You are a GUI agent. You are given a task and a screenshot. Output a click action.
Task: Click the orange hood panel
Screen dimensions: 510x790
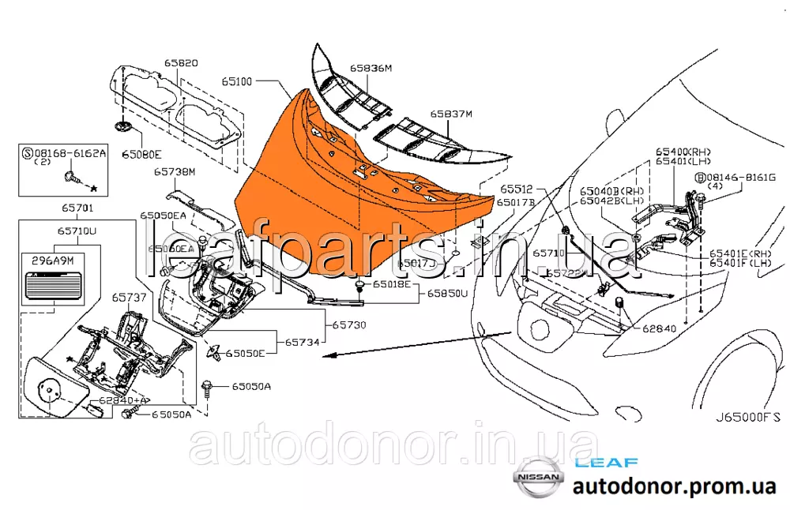coord(355,197)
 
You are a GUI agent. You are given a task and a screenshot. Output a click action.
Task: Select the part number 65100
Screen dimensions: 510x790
coord(237,81)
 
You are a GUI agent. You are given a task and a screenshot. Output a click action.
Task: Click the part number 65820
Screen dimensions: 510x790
coord(181,62)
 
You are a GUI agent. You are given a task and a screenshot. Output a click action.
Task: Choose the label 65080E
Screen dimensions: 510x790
coord(141,155)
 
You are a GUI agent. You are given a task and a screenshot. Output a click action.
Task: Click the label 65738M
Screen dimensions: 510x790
coord(174,171)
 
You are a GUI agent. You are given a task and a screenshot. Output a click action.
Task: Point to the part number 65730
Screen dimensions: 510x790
coord(348,324)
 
